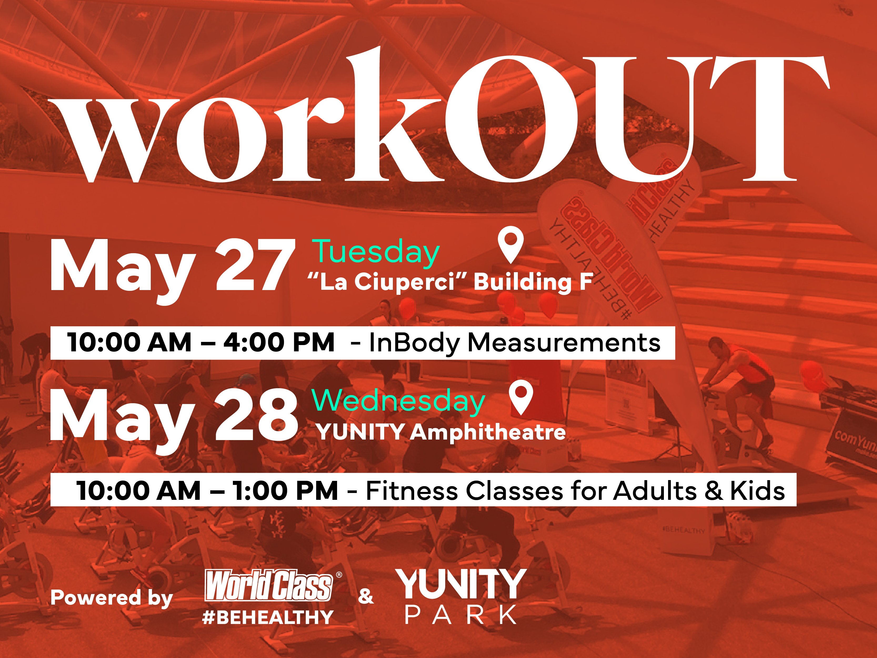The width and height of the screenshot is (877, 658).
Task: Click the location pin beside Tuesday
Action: (511, 246)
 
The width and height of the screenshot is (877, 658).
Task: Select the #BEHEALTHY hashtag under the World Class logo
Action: (268, 617)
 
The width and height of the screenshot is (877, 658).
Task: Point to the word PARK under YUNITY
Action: (461, 614)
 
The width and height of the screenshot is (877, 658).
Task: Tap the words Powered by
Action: (112, 598)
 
